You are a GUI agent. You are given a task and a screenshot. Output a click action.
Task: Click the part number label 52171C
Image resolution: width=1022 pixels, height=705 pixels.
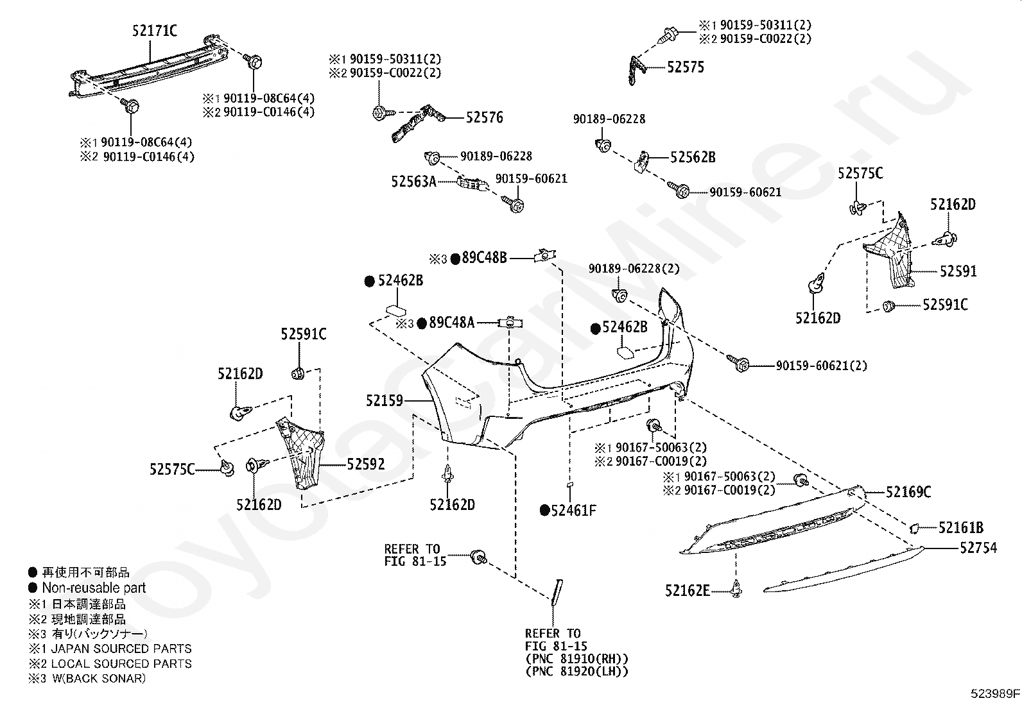(x=155, y=31)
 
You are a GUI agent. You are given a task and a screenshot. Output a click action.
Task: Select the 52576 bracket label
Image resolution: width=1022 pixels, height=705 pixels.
(x=484, y=117)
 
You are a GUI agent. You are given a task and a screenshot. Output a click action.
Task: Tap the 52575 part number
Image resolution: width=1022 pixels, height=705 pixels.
(x=685, y=67)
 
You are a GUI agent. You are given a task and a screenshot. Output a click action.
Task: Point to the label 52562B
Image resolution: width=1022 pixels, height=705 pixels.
(x=693, y=157)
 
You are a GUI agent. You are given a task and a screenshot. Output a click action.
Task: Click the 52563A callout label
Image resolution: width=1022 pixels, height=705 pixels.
(x=414, y=182)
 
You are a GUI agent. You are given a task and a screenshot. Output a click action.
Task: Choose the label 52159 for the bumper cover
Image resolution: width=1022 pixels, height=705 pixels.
(x=385, y=400)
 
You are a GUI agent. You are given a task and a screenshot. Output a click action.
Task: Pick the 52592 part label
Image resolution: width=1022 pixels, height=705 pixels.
(x=366, y=464)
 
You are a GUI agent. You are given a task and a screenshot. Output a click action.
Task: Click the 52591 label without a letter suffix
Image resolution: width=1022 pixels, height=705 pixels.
(x=958, y=271)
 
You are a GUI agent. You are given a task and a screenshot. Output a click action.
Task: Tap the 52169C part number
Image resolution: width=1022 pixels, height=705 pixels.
(x=908, y=491)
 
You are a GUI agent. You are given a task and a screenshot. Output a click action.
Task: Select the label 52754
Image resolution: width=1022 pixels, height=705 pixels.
(x=978, y=547)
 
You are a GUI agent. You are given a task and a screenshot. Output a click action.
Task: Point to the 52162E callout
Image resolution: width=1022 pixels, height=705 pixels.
(x=688, y=591)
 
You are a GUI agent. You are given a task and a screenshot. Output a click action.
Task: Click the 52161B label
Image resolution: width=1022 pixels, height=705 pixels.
(x=961, y=527)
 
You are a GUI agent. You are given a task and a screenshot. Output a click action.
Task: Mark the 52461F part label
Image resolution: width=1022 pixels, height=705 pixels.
(x=573, y=510)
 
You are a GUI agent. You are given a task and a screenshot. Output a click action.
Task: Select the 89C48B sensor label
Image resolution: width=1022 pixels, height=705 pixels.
(x=484, y=258)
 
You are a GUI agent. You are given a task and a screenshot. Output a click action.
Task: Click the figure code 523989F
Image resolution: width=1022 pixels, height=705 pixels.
(x=994, y=693)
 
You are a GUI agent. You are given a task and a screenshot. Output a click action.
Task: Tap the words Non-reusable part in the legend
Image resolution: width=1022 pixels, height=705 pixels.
(x=94, y=588)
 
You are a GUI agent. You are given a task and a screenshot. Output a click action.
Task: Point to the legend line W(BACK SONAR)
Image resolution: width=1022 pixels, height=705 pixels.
(x=99, y=678)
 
